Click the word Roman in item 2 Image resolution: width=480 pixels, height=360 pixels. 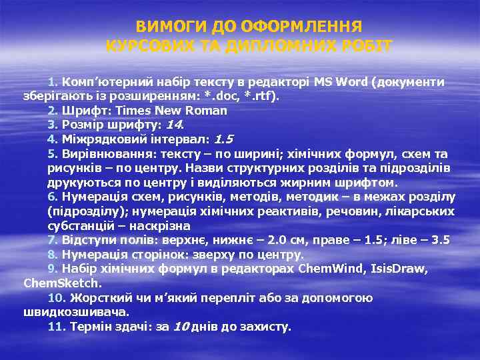click(x=206, y=111)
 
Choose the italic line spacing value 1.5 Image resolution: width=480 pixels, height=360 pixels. click(x=223, y=139)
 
